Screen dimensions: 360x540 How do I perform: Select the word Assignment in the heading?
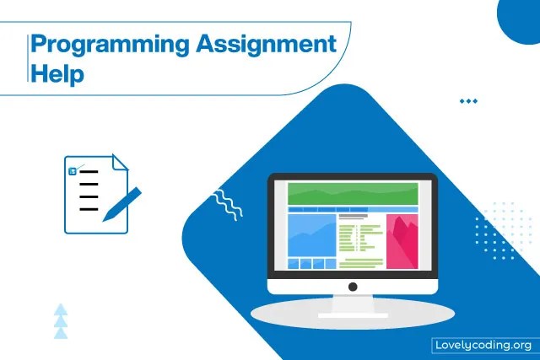(x=270, y=44)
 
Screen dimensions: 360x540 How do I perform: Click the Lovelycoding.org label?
(x=483, y=344)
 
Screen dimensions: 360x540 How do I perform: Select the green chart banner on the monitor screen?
(x=353, y=193)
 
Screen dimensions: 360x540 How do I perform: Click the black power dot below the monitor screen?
(x=353, y=287)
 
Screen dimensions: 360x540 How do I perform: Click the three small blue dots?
(x=468, y=101)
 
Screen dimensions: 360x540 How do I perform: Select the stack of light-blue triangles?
(x=60, y=321)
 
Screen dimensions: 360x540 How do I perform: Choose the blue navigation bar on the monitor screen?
(x=353, y=209)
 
